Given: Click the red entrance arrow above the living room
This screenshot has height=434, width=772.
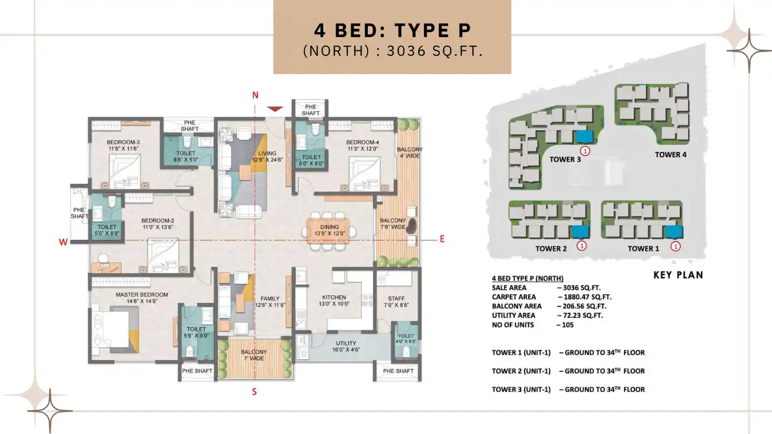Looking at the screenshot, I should tap(275, 109).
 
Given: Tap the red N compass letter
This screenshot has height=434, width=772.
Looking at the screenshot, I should tap(255, 95).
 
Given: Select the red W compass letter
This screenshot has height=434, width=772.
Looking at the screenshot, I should tap(63, 242).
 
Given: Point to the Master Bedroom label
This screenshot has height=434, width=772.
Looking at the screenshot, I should tap(142, 295).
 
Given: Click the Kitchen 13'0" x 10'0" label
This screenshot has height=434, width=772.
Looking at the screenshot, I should tap(334, 300).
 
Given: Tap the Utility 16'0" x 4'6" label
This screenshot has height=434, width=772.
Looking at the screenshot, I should tap(346, 346).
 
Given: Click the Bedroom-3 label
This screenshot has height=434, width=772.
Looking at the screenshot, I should tap(123, 145).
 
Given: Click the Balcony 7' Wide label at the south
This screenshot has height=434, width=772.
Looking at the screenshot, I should tap(254, 355).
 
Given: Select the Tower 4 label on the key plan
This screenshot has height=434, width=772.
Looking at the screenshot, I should tap(670, 155).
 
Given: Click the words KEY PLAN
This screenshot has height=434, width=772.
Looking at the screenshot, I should tap(678, 275).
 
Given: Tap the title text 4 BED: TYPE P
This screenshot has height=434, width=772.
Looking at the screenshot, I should tap(392, 31).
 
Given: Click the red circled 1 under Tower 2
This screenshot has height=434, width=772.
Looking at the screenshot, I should tap(582, 246).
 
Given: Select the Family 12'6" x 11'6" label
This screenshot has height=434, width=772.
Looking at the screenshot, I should tap(270, 302).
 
